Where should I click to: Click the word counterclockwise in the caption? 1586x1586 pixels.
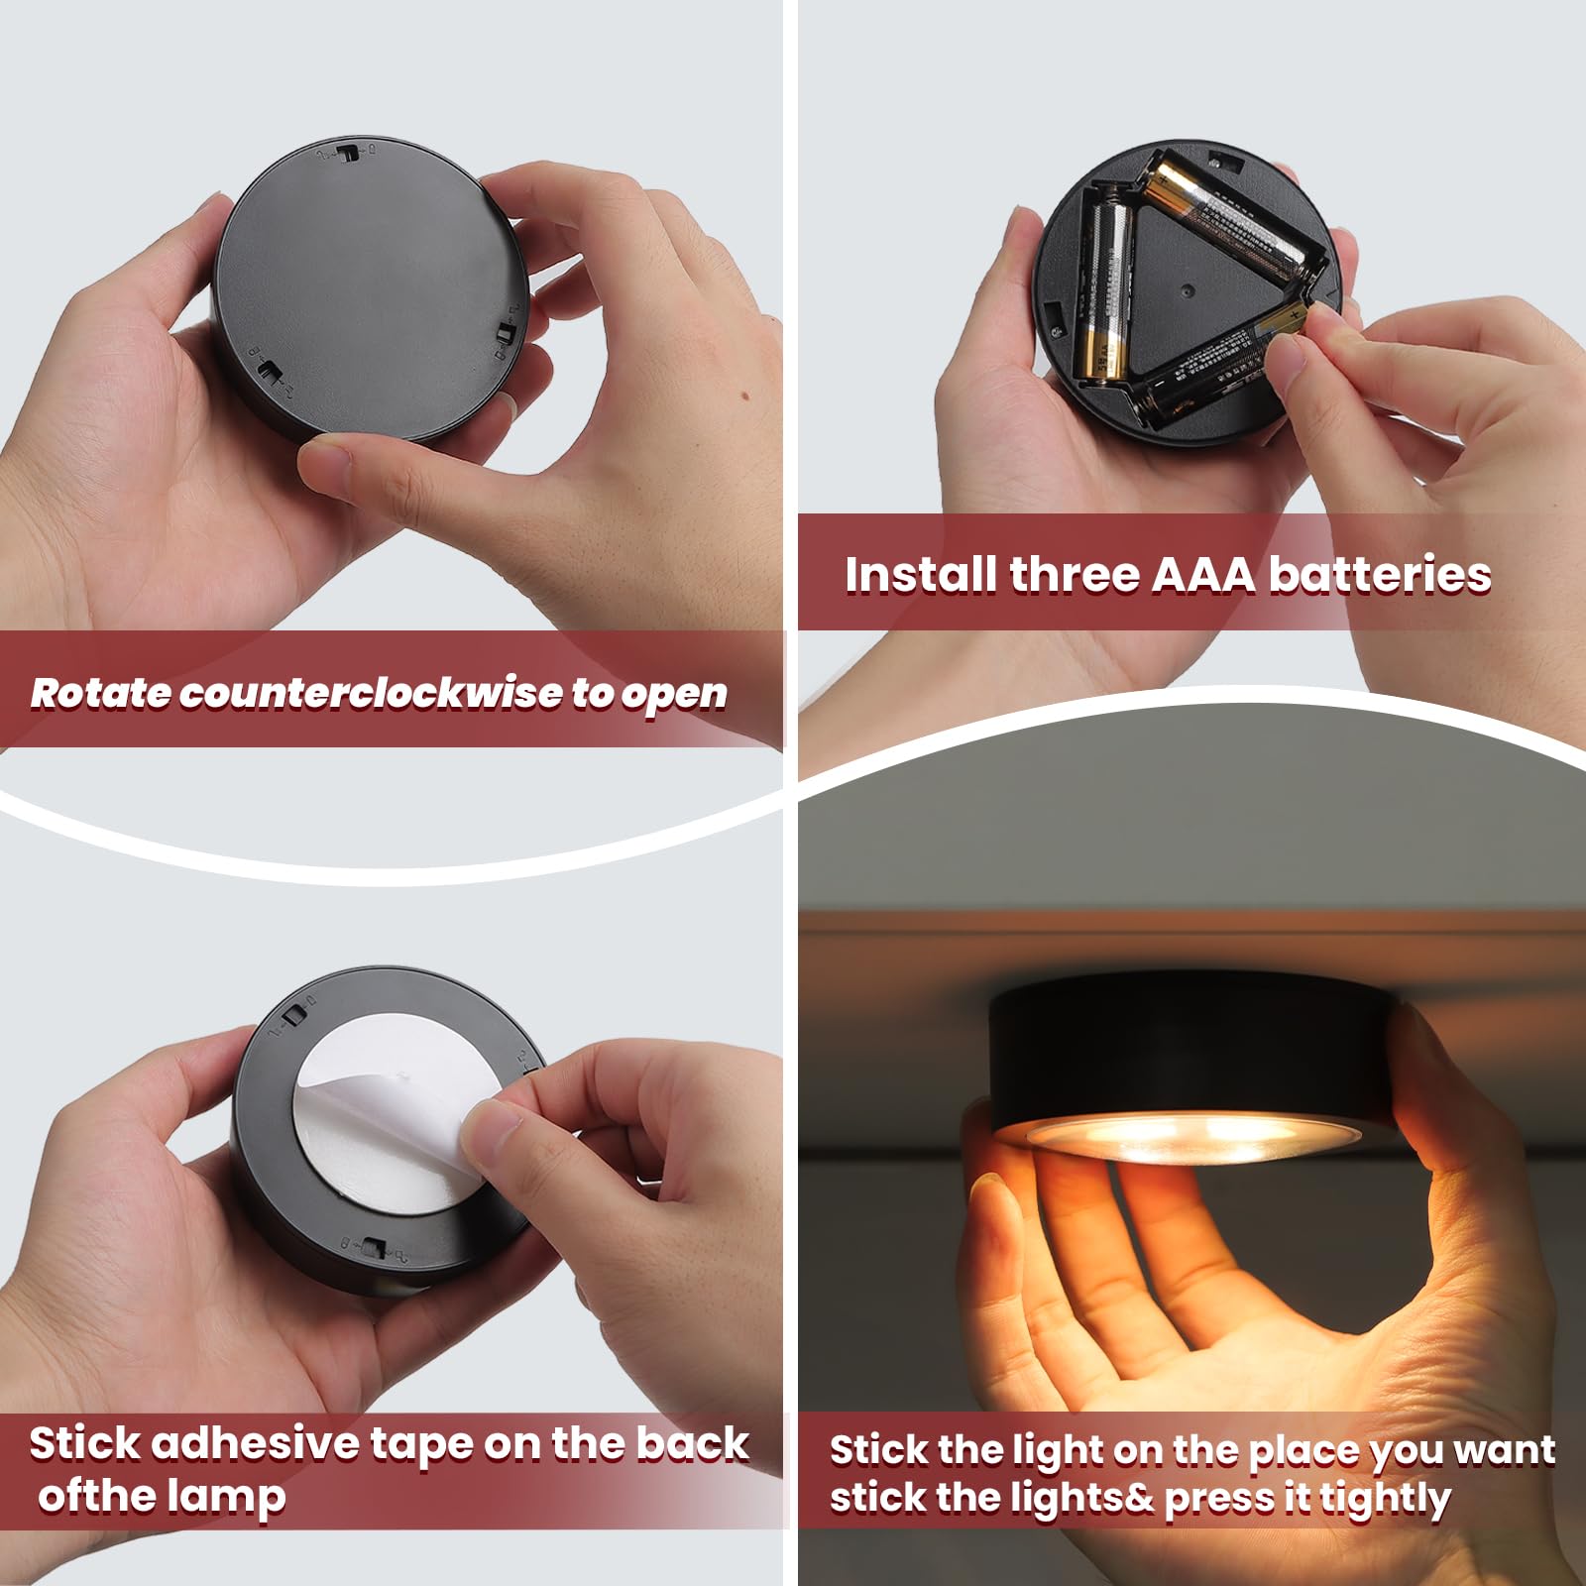[x=374, y=693]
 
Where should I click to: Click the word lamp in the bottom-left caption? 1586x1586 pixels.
[x=226, y=1496]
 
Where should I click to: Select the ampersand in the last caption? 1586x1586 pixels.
[x=1140, y=1498]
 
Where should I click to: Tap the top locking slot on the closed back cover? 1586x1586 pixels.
[x=347, y=152]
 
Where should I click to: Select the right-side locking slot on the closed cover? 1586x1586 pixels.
[x=506, y=332]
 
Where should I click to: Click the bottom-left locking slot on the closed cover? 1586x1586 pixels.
[x=268, y=372]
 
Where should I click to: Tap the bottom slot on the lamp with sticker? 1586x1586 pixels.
[x=374, y=1247]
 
